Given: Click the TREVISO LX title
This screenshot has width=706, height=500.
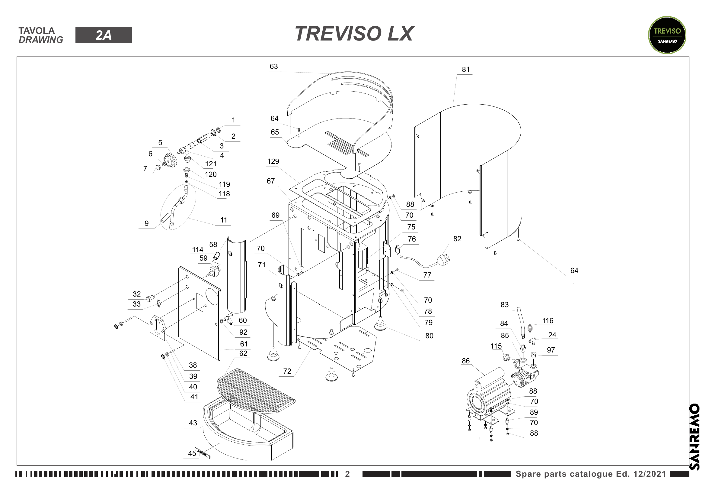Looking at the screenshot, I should point(354,34).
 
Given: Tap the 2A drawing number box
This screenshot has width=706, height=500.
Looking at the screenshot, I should point(103,35).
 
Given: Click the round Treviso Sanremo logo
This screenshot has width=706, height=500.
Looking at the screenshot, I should point(667,35).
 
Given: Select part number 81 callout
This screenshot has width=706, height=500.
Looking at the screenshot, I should point(465,70).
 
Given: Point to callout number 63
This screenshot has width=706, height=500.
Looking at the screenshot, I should point(273,67).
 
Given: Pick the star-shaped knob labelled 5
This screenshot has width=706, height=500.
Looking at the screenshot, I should point(170,160).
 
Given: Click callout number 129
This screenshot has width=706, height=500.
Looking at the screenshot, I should point(273,161).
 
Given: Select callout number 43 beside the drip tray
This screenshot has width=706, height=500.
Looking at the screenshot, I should point(193,423).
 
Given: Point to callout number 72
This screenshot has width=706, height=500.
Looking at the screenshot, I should point(287,371).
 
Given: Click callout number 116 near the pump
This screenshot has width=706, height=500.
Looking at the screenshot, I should point(548,320).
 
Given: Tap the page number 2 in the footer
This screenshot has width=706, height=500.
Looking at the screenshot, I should point(347,474).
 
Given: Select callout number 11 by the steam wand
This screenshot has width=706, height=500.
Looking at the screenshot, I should point(224,220).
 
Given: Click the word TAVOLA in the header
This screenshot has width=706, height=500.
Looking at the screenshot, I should point(37,31).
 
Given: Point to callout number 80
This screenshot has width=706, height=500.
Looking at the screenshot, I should point(429,336).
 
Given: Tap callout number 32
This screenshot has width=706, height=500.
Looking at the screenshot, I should point(136,294).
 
